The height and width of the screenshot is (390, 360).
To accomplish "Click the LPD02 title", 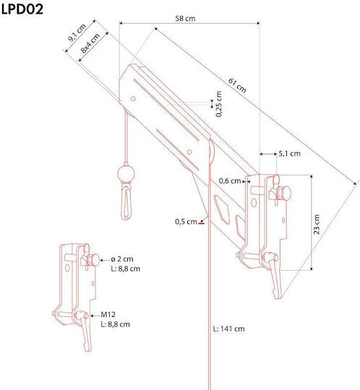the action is [x=22, y=9].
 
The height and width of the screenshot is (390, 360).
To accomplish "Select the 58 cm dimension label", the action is [x=185, y=18].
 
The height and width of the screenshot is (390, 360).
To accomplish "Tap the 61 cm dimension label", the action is [x=237, y=85].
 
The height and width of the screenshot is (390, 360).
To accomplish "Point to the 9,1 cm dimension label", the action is [x=77, y=32].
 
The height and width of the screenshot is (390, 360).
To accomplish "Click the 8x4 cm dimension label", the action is [x=90, y=43].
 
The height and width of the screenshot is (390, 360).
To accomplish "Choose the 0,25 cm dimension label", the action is [x=219, y=104].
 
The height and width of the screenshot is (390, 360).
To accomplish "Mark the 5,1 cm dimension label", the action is [x=289, y=153].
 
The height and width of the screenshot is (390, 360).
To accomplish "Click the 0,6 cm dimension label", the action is [x=230, y=181].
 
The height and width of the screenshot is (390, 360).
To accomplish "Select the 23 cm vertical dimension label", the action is [x=317, y=224].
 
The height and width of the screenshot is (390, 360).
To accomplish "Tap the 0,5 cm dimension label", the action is [x=186, y=222].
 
